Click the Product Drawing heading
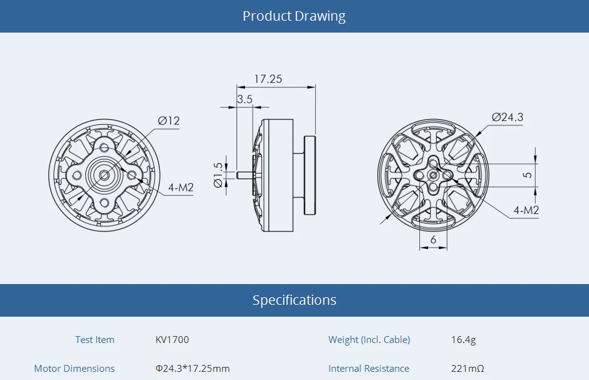pyautogui.click(x=294, y=16)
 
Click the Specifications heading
pyautogui.click(x=294, y=300)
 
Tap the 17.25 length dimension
pyautogui.click(x=268, y=79)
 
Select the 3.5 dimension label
pyautogui.click(x=244, y=99)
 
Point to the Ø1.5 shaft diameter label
pyautogui.click(x=218, y=175)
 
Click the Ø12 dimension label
pyautogui.click(x=169, y=120)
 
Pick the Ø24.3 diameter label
pyautogui.click(x=508, y=117)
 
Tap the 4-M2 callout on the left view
pyautogui.click(x=180, y=187)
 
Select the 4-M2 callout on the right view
pyautogui.click(x=526, y=210)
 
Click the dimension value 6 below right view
pyautogui.click(x=433, y=240)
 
